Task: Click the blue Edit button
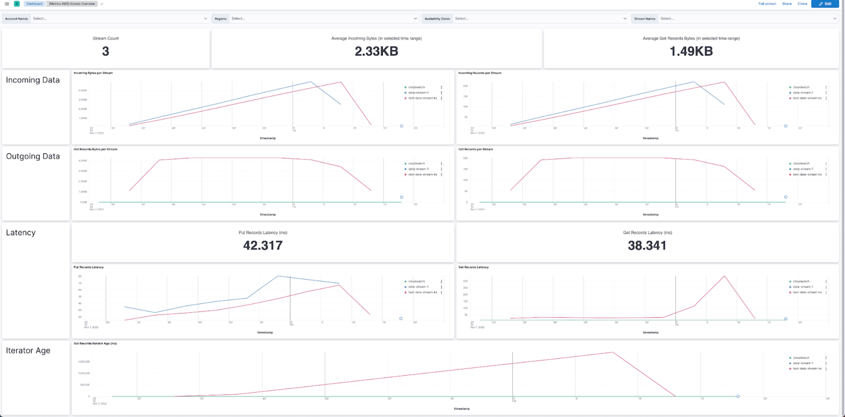point(825,4)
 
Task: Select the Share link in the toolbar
point(787,4)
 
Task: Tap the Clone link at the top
point(802,4)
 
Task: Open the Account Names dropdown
point(120,18)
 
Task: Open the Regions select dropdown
point(324,18)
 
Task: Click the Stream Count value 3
point(105,51)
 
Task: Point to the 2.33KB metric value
point(376,51)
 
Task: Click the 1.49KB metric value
point(691,51)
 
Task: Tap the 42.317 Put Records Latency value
point(263,245)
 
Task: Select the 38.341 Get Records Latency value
point(647,245)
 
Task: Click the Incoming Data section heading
point(33,80)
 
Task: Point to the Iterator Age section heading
point(28,350)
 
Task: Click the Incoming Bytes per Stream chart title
point(93,73)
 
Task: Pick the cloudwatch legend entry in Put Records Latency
point(416,281)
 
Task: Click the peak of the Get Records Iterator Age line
point(612,352)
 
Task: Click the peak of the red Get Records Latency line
point(724,276)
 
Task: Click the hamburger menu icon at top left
point(7,4)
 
